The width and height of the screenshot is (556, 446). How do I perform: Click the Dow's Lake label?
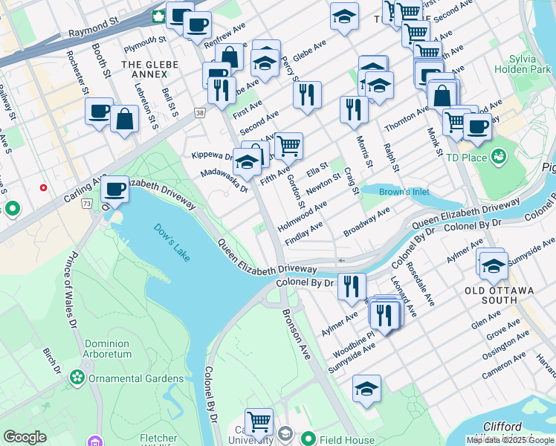172,242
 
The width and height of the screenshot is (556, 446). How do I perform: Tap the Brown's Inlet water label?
404,192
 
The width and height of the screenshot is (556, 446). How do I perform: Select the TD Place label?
466,157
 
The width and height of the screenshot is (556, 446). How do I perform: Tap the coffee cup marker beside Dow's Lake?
114,190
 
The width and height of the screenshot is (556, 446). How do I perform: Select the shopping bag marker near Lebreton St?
124,118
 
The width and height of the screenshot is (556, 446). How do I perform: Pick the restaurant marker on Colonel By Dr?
352,285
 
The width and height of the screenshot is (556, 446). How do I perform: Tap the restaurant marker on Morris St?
354,109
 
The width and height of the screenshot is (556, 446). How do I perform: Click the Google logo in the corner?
25,436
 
